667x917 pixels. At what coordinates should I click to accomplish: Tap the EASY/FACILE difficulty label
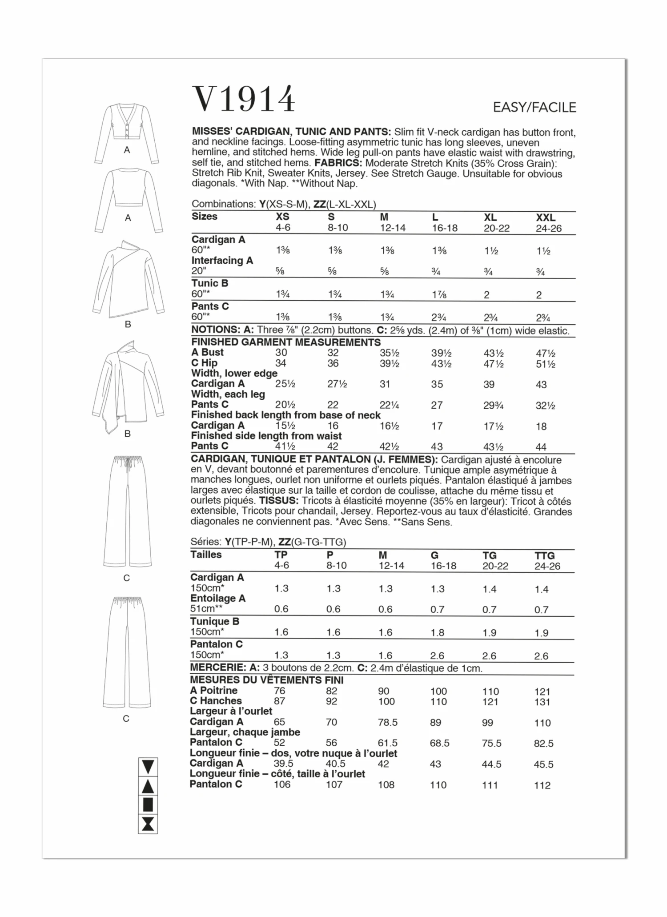534,107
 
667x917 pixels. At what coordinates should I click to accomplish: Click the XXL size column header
546,217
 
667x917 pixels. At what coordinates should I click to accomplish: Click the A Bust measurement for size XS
281,353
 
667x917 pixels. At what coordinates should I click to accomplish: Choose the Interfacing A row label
222,261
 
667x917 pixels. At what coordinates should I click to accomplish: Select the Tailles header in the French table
206,555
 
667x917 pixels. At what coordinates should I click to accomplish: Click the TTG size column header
545,555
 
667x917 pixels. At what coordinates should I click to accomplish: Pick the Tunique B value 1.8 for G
438,632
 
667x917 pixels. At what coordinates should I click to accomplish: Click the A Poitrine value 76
280,691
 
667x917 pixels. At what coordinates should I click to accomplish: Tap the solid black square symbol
148,804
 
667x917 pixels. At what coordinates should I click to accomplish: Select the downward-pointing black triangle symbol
148,767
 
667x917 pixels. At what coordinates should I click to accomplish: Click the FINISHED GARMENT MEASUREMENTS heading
286,342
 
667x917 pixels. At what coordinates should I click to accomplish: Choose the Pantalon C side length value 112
542,785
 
